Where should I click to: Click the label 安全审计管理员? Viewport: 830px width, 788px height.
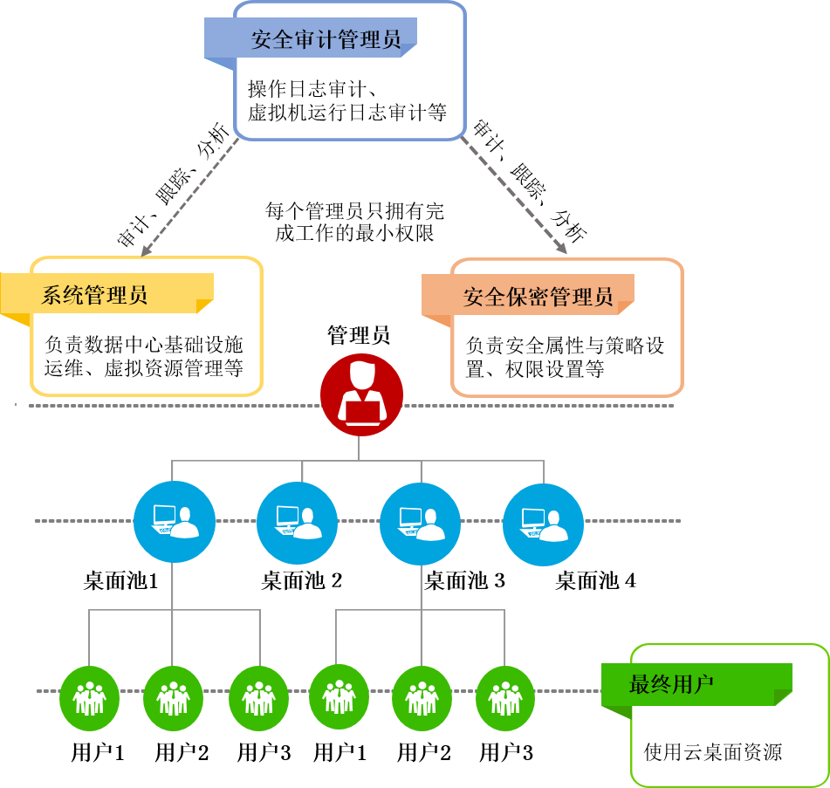(x=326, y=39)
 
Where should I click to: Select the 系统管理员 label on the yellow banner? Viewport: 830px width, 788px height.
(x=94, y=295)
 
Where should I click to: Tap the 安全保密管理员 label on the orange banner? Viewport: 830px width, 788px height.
(x=538, y=297)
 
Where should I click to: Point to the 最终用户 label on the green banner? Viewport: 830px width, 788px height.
(x=671, y=684)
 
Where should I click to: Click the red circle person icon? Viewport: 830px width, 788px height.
(x=361, y=395)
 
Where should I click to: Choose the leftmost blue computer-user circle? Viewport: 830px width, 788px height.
(x=175, y=522)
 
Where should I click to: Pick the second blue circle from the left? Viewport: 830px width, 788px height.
(x=298, y=523)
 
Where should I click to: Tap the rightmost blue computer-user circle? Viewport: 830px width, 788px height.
(x=544, y=524)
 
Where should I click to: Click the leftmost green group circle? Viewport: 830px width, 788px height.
(x=89, y=698)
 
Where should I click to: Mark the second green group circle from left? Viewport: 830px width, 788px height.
(x=173, y=698)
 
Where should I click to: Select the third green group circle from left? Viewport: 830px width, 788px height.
(x=258, y=698)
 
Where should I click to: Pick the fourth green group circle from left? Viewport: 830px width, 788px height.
(x=339, y=696)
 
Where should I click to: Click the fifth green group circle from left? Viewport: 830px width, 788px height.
(x=422, y=698)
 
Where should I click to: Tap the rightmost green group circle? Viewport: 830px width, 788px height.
(x=505, y=698)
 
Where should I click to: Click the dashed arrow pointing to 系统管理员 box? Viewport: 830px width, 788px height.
(x=189, y=198)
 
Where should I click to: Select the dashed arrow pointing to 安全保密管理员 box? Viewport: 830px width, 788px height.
(x=514, y=195)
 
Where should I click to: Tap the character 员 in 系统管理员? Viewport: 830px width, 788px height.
(x=137, y=295)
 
